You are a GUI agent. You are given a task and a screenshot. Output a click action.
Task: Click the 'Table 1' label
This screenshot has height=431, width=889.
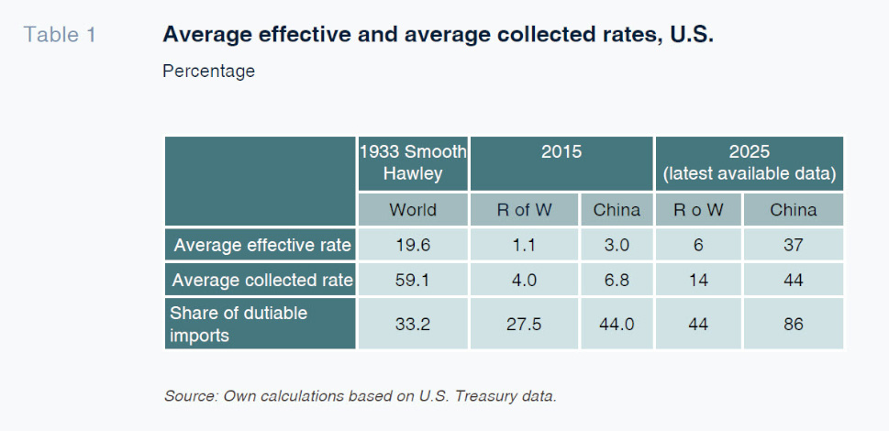coord(60,36)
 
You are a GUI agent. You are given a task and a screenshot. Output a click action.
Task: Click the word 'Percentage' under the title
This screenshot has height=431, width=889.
coord(208,71)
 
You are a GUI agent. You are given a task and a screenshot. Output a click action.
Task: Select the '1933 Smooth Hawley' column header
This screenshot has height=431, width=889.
coord(413,162)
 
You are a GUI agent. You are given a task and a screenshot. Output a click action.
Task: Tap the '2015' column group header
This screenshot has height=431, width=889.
coord(561,152)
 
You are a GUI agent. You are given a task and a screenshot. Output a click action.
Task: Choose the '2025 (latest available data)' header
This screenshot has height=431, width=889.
coord(749,162)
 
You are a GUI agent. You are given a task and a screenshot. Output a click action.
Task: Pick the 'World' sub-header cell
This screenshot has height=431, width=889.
coord(413,210)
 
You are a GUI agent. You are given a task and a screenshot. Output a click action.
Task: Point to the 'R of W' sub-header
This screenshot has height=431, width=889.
coord(524,210)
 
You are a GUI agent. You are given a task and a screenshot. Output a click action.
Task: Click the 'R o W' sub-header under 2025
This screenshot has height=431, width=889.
coord(698,210)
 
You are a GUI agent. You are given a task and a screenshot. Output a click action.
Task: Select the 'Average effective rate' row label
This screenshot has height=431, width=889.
coord(261,245)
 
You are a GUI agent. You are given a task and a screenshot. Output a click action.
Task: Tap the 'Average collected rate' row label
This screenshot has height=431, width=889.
coord(261,280)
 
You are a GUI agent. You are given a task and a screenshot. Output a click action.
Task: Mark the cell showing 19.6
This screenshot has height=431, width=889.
coord(413,245)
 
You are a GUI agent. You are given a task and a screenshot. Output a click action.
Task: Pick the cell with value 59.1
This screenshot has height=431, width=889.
coord(413,280)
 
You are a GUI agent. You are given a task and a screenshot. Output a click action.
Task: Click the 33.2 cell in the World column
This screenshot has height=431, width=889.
coord(413,323)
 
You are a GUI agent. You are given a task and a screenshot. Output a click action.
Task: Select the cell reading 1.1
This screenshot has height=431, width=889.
coord(524,245)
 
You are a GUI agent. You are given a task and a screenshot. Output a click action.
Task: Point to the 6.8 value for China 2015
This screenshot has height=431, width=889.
coord(617,280)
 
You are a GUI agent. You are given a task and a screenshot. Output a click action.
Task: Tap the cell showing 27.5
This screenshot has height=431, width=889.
coord(524,323)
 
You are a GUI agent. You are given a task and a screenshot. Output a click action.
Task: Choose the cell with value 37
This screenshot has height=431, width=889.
coord(793,245)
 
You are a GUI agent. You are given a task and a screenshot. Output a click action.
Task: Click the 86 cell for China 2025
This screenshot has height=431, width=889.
coord(793,323)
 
